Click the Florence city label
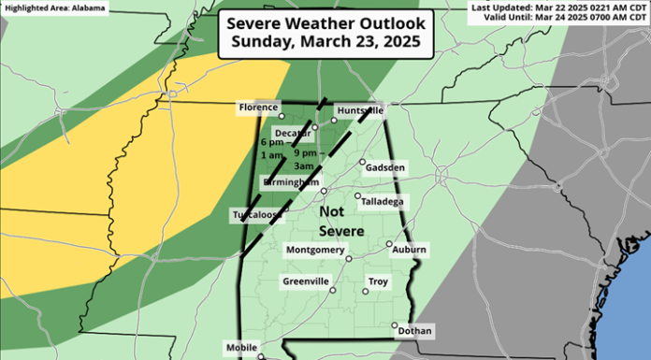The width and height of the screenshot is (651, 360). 258,108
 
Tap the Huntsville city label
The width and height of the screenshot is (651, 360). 360,110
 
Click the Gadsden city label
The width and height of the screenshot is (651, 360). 387,167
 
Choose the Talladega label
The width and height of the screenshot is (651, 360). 383,201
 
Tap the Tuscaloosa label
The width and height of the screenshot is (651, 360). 256,215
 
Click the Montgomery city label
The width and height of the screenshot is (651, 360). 312,250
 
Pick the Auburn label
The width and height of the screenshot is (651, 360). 410,250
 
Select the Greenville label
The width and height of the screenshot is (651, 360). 305,281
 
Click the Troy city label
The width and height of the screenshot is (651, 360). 378,281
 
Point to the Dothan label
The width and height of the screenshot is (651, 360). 414,330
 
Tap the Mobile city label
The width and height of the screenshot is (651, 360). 240,348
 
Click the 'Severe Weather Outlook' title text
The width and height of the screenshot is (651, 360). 325,22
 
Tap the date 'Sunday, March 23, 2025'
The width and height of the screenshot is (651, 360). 325,43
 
